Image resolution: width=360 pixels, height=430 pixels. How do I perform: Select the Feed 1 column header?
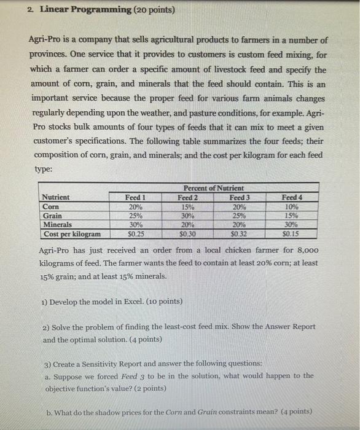[135, 198]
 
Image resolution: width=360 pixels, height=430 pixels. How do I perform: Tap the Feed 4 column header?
[292, 198]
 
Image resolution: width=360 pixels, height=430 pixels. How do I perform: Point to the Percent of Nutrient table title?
[213, 188]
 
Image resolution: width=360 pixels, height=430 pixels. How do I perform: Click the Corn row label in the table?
[50, 207]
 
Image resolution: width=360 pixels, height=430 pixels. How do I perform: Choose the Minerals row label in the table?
[57, 225]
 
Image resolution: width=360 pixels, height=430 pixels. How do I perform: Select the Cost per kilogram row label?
[72, 234]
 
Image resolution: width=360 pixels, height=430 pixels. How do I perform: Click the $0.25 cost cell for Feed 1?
[135, 234]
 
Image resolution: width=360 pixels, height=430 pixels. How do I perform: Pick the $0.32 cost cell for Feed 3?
[240, 234]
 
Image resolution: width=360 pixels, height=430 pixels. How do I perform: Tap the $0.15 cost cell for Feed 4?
[292, 234]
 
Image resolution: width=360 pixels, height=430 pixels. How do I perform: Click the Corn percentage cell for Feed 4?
[292, 207]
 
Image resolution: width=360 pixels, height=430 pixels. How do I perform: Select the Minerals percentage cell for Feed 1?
[135, 225]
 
